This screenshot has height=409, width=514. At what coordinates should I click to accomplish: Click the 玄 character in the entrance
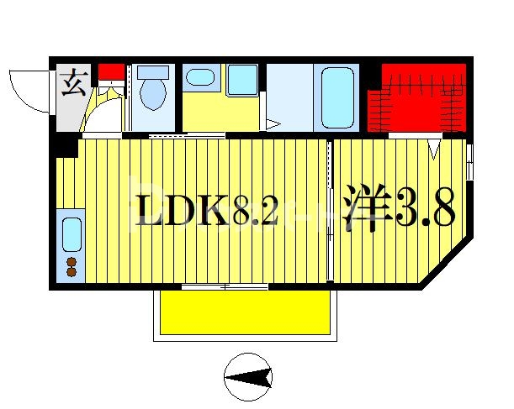click(x=72, y=86)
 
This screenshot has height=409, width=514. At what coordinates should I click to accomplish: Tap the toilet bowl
click(x=152, y=92)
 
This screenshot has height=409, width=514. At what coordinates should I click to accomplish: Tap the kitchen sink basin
click(x=71, y=236)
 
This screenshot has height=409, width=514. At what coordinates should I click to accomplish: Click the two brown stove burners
click(x=71, y=267)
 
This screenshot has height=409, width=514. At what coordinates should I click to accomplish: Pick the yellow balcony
click(x=244, y=313)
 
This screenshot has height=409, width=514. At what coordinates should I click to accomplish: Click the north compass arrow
click(x=249, y=379)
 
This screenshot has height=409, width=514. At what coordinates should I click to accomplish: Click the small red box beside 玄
click(x=109, y=71)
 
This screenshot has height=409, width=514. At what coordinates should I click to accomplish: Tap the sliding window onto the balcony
click(x=225, y=287)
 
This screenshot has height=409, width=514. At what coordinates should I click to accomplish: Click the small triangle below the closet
click(x=434, y=149)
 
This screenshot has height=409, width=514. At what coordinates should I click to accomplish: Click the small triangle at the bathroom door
click(x=273, y=125)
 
